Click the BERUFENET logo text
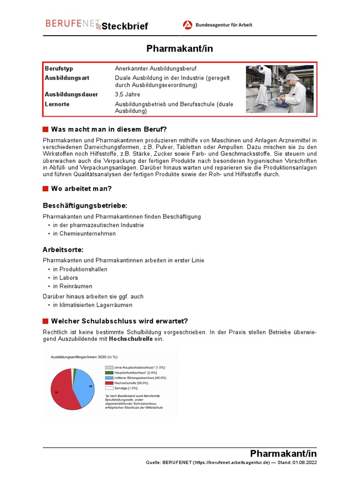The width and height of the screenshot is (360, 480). pos(70,23)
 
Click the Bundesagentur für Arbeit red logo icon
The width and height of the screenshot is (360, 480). pos(187,25)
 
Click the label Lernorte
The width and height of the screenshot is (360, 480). pos(57,104)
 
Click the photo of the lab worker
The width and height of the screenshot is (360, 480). pos(279,89)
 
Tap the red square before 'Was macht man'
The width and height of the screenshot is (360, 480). pos(45,129)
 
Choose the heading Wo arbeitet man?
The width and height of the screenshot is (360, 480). pos(81,189)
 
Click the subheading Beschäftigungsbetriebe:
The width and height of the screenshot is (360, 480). pos(85,206)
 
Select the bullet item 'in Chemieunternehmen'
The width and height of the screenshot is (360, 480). pos(84,233)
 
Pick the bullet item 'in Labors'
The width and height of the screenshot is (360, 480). pos(65,277)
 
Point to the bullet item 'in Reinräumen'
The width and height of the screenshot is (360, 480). pos(72,286)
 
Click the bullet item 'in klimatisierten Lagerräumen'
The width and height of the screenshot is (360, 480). pos(92,305)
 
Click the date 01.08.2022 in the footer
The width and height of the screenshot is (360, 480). pos(305,463)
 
